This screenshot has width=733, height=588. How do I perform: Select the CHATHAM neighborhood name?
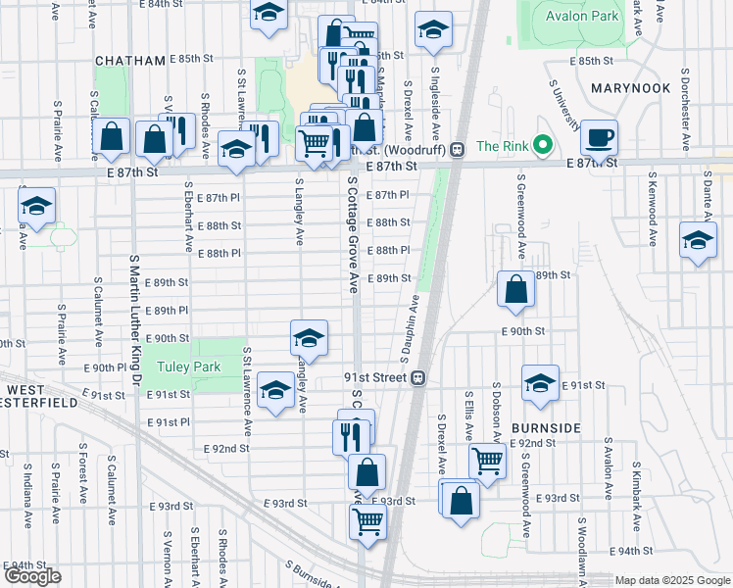coord(130,61)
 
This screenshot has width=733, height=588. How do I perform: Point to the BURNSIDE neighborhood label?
coord(546,428)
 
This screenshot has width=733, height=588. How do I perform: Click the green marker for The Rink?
coord(539,147)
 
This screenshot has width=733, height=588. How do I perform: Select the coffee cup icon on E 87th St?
coord(598,137)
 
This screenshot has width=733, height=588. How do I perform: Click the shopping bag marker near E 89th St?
coord(515,289)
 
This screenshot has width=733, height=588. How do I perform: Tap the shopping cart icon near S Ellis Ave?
coord(487,460)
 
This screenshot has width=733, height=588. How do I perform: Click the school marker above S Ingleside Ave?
coord(432,30)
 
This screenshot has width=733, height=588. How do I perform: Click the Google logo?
coord(32,576)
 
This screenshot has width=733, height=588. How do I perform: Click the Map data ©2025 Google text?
coord(672,580)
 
